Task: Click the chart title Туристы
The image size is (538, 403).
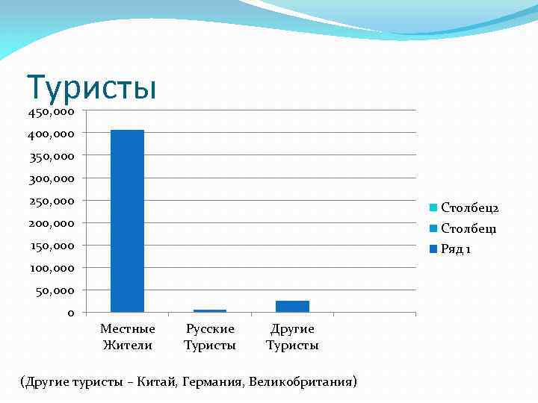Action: pyautogui.click(x=91, y=87)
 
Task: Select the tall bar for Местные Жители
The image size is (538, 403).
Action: pyautogui.click(x=127, y=220)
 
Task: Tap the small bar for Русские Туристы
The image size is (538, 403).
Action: pyautogui.click(x=209, y=310)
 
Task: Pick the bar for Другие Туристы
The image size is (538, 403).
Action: pyautogui.click(x=292, y=306)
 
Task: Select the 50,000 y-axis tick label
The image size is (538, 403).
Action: pyautogui.click(x=55, y=290)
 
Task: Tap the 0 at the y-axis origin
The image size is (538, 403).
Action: pyautogui.click(x=70, y=313)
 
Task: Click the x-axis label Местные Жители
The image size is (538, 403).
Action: pyautogui.click(x=128, y=337)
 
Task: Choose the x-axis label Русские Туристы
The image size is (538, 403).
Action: pyautogui.click(x=210, y=337)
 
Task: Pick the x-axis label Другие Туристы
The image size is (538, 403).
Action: pyautogui.click(x=292, y=337)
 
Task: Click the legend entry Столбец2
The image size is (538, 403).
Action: pyautogui.click(x=469, y=207)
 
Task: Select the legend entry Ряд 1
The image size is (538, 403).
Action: pyautogui.click(x=455, y=249)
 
